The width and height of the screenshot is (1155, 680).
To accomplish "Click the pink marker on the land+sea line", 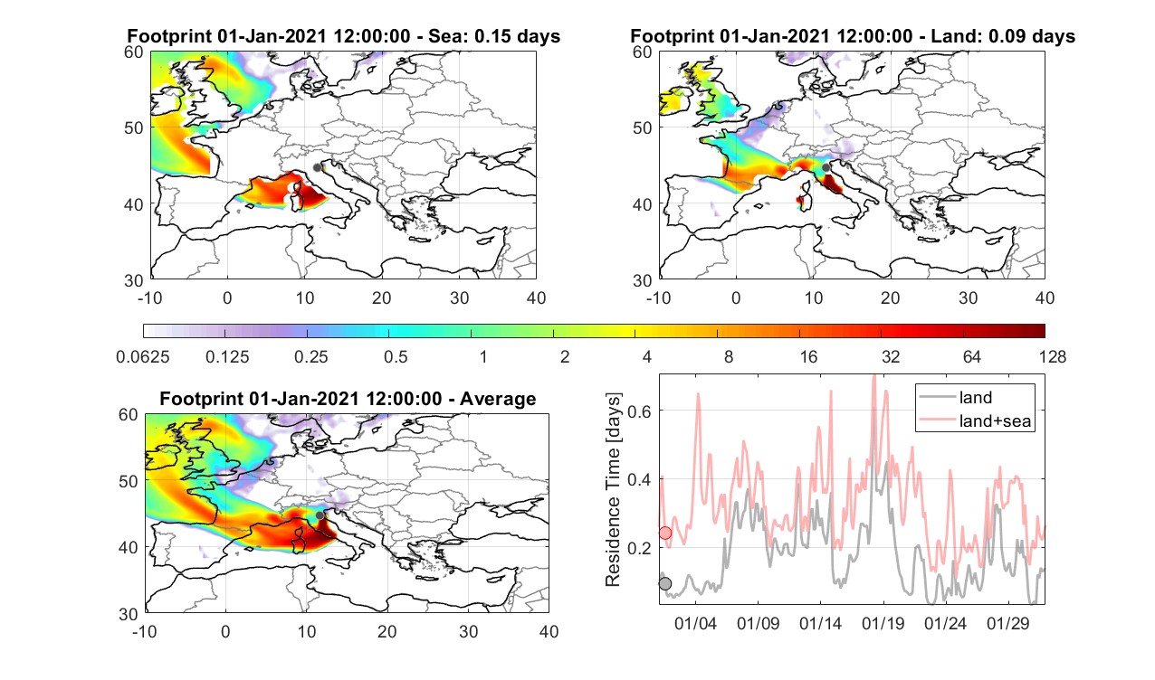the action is [665, 533].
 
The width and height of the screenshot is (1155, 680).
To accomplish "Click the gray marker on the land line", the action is [665, 583].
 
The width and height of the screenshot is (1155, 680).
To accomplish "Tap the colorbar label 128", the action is [1053, 356].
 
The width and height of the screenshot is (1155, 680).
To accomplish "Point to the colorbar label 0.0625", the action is [143, 356].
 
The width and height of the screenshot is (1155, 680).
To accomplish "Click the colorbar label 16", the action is [808, 356].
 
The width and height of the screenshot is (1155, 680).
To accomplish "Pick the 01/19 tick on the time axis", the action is [883, 623].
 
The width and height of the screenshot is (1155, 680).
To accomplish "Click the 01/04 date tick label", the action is [695, 623].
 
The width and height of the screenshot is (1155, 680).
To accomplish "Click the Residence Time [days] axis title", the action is [613, 490].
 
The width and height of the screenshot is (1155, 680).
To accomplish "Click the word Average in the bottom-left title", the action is [498, 399].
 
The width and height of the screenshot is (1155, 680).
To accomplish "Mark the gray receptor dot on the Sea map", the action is [317, 168].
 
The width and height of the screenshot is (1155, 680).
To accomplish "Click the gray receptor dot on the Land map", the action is [826, 167].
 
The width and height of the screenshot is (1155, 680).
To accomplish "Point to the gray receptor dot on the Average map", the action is [320, 515].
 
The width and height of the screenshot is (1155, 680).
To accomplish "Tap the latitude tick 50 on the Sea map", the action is [134, 127].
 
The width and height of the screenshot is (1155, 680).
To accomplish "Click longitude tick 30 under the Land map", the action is [968, 297].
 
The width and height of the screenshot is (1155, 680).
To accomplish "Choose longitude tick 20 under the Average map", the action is [387, 631].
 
